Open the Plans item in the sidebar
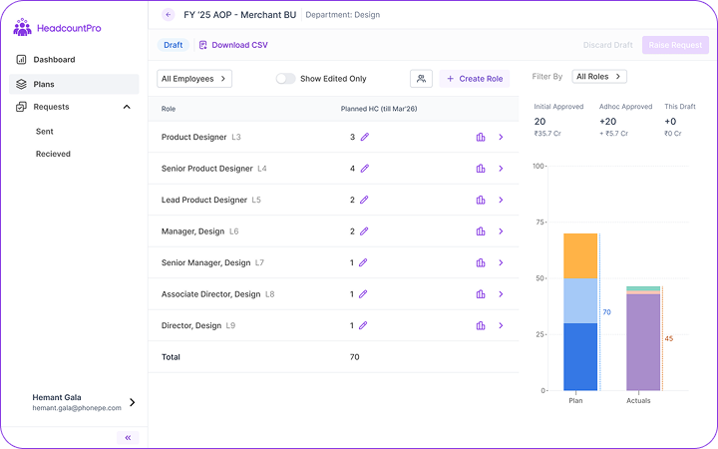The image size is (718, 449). click(x=44, y=84)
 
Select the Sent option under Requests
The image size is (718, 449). click(x=44, y=131)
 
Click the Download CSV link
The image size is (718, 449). click(x=233, y=45)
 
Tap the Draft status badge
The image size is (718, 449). click(x=174, y=45)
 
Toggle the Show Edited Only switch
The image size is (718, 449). click(x=285, y=79)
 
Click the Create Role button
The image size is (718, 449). click(x=476, y=79)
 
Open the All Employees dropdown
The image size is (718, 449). click(x=194, y=79)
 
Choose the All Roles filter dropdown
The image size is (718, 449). click(x=598, y=76)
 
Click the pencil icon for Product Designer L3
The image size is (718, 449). click(x=364, y=137)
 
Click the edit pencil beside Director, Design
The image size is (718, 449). click(x=363, y=325)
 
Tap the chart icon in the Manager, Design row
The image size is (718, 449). click(x=480, y=231)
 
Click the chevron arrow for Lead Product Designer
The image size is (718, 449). click(x=501, y=200)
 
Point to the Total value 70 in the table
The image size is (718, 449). click(x=354, y=356)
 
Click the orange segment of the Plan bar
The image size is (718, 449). click(x=580, y=255)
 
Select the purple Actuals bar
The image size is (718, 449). click(x=643, y=342)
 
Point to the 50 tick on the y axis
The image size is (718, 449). click(x=538, y=278)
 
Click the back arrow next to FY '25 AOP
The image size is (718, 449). click(x=168, y=15)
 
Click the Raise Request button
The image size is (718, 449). click(x=675, y=45)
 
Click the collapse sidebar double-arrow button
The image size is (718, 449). click(x=128, y=437)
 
